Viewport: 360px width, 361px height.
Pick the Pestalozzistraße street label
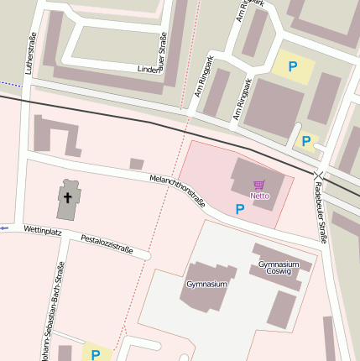[x=107, y=244]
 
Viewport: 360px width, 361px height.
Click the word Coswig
[x=279, y=272]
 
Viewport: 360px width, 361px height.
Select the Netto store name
[x=260, y=196]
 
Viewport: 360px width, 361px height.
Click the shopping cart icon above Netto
[x=259, y=185]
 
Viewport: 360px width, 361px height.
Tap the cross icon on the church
[x=68, y=197]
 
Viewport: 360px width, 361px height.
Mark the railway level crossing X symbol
[x=318, y=175]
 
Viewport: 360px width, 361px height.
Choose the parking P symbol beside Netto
[x=240, y=209]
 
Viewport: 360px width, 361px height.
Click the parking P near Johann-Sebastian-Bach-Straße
[x=96, y=354]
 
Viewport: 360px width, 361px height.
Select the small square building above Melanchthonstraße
[x=137, y=164]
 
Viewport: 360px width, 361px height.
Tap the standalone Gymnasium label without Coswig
[x=206, y=285]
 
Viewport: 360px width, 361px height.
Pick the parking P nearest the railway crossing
[x=306, y=141]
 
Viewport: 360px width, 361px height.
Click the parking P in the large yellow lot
[x=293, y=66]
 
